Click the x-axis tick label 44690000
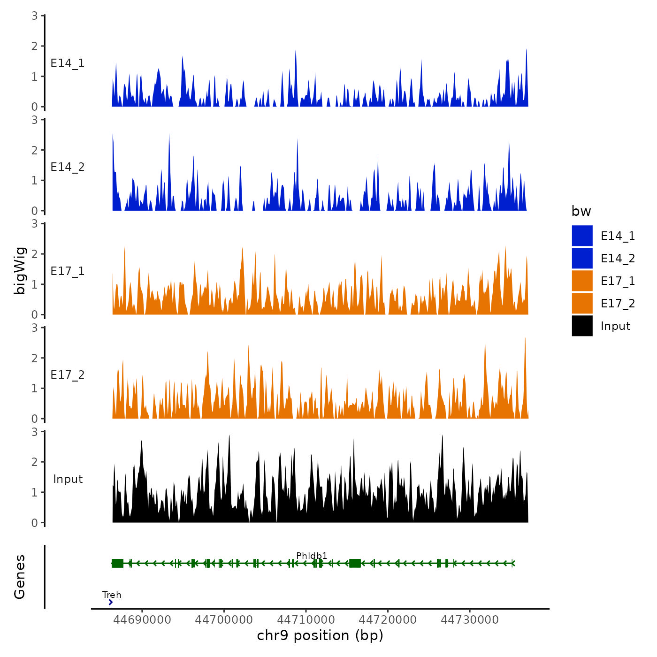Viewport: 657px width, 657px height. point(142,619)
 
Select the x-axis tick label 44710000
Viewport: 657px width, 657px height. point(306,619)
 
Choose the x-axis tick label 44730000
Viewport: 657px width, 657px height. point(470,619)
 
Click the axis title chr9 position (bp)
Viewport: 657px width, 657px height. point(320,635)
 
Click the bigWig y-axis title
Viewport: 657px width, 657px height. point(20,270)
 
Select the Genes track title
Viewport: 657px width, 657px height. point(20,577)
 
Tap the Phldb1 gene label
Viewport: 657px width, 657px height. point(312,556)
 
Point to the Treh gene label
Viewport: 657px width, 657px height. point(112,595)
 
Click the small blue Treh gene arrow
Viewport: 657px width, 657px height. point(110,602)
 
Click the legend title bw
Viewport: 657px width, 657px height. point(581,211)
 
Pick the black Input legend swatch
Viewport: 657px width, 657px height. point(582,326)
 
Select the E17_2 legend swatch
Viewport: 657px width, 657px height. point(582,303)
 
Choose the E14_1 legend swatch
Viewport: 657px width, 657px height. point(582,236)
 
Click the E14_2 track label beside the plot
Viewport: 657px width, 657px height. point(68,167)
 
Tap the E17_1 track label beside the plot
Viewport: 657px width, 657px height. point(68,271)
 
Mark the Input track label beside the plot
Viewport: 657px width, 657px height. point(68,479)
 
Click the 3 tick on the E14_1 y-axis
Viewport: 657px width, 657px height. point(35,15)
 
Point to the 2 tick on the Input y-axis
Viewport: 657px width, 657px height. point(35,462)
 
